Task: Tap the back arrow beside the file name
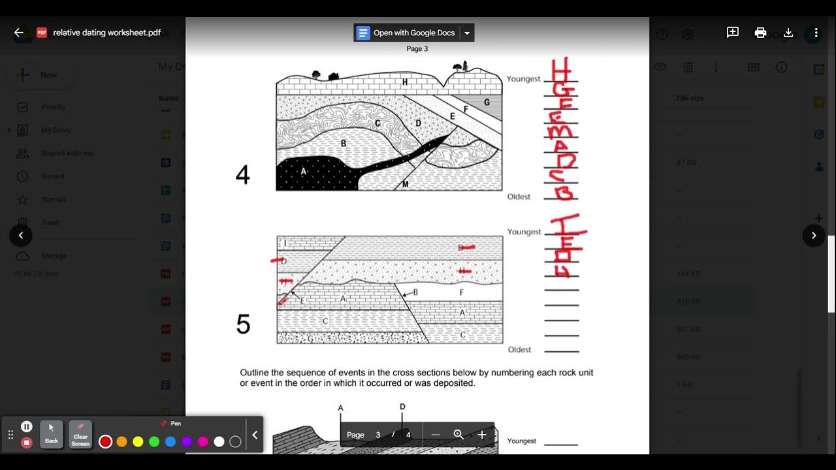click(x=18, y=33)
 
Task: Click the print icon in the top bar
click(x=760, y=33)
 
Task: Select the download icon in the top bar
click(x=788, y=33)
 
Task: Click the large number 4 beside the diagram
click(x=242, y=175)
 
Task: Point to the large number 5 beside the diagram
click(x=243, y=324)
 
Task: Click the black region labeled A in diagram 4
click(x=307, y=173)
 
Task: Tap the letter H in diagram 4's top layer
click(x=405, y=82)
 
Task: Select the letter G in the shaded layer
click(x=487, y=102)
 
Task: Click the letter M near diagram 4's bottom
click(x=405, y=185)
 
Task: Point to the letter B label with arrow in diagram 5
click(x=415, y=293)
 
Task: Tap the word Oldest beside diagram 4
click(x=519, y=196)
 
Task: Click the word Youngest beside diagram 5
click(x=524, y=232)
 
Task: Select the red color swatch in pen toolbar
click(x=105, y=442)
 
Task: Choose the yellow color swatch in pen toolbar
click(x=138, y=442)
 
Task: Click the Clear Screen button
click(x=80, y=435)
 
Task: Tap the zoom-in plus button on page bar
click(x=482, y=435)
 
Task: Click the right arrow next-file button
click(x=813, y=236)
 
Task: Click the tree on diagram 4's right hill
click(x=465, y=66)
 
